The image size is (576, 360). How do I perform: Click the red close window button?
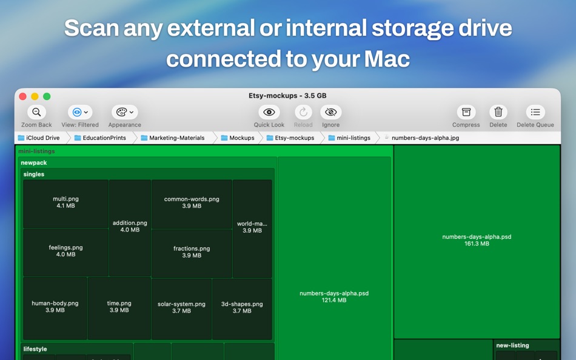23,96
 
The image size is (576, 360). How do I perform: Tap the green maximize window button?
47,96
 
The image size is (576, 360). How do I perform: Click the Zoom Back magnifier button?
36,112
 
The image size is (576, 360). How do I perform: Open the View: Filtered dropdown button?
80,112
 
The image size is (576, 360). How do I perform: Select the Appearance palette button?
124,112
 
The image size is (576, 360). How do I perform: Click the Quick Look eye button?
269,112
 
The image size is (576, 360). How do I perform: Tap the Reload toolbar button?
303,112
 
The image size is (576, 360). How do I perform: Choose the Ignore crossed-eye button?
330,112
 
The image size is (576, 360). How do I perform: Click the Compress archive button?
466,112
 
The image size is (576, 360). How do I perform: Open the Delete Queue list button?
535,112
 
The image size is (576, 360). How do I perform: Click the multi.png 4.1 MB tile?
65,203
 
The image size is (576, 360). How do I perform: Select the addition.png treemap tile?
130,227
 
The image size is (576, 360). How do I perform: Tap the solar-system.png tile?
181,308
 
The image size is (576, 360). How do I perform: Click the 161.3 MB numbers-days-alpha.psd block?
477,241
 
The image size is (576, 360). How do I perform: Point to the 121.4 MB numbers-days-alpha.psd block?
334,297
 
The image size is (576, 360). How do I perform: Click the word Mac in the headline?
387,59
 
